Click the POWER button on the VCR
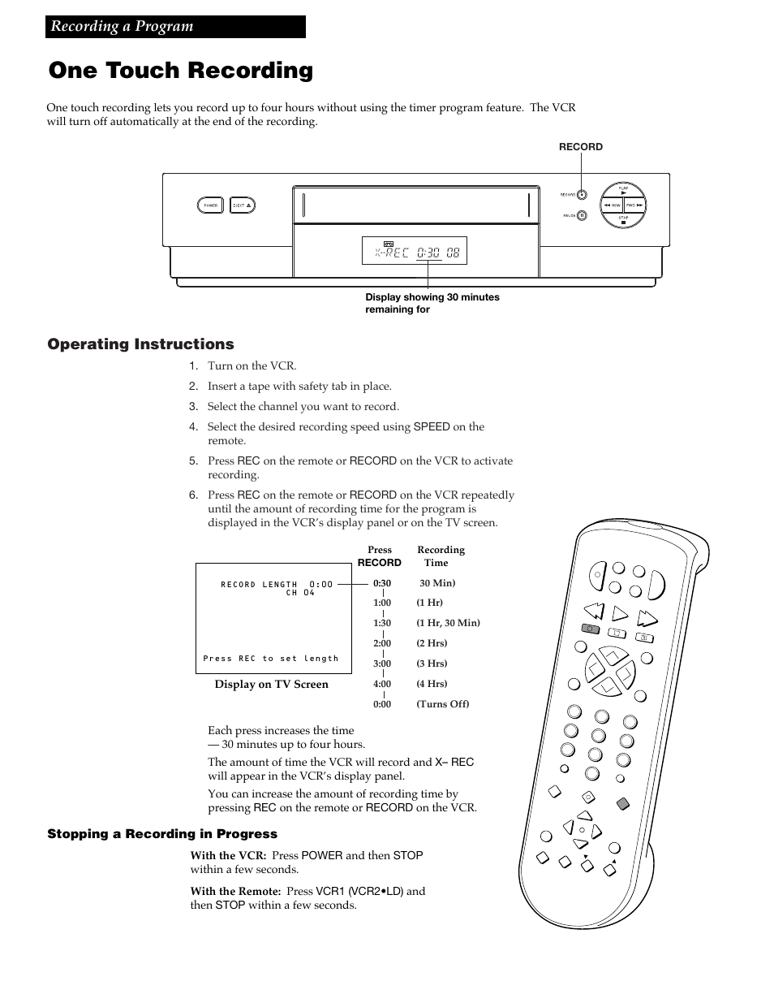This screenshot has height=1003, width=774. [210, 205]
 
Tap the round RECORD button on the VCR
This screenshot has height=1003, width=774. [583, 195]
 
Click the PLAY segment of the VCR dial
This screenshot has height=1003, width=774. [623, 190]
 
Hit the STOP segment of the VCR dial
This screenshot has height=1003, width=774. [623, 219]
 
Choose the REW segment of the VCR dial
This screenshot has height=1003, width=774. [611, 205]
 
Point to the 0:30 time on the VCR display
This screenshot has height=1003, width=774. [428, 253]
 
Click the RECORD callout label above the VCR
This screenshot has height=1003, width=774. [581, 147]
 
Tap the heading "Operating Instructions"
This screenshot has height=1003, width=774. [140, 344]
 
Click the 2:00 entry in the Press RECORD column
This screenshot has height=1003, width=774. [382, 643]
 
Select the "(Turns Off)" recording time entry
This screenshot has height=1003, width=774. [443, 704]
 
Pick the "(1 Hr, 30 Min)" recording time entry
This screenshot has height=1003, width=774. [448, 623]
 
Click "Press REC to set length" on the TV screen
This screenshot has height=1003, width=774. [271, 659]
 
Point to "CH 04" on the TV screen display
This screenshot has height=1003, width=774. [300, 593]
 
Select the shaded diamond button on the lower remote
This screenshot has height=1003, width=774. [622, 804]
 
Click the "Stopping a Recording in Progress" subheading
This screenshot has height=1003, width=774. [162, 834]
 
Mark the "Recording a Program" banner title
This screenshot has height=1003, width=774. [123, 27]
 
